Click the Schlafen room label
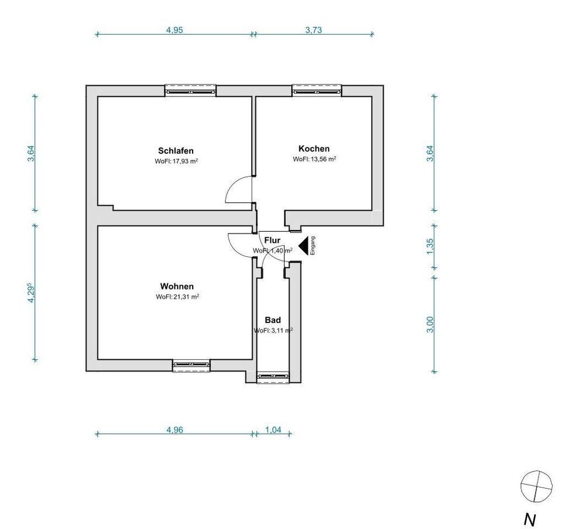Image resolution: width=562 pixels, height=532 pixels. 176,151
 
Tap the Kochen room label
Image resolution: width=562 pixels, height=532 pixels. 314,149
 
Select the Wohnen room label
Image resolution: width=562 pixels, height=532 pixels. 177,286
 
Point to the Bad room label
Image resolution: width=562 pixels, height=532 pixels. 273,320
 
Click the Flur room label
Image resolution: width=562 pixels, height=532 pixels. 272,240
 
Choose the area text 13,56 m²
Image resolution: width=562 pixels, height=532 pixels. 323,159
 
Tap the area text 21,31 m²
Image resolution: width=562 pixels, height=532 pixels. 186,297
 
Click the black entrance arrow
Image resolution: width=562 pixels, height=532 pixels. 303,246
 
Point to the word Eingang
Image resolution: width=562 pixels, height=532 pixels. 313,246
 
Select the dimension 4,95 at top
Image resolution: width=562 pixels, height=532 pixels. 174,30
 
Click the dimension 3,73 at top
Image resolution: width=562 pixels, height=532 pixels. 314,30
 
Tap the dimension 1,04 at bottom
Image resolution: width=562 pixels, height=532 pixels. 273,430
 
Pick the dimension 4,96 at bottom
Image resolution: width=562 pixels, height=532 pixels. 174,430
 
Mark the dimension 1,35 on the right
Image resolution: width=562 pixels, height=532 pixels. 430,246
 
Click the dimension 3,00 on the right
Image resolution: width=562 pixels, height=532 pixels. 430,325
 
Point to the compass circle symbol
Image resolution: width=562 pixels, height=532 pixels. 536,486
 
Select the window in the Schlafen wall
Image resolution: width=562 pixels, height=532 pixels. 190,91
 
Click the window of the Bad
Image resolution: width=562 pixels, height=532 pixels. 273,377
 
